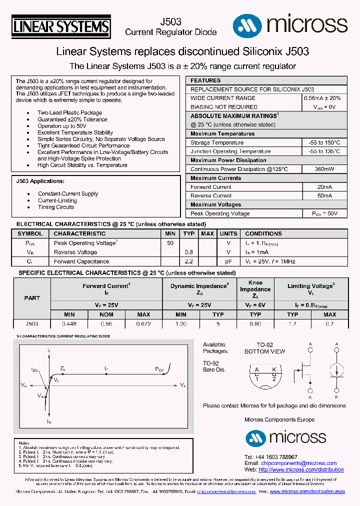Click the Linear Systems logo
(x=61, y=26)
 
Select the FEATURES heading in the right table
(x=205, y=80)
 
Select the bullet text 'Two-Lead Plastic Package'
(x=69, y=113)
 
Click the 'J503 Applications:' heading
(x=40, y=181)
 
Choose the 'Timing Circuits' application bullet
(x=56, y=207)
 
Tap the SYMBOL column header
(x=30, y=233)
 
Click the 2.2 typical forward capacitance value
(x=188, y=261)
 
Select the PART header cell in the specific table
(x=32, y=297)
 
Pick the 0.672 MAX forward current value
(x=143, y=324)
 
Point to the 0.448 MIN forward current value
(x=69, y=324)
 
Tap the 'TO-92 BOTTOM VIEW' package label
(x=264, y=348)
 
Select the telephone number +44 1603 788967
(x=278, y=457)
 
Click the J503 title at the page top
(x=170, y=22)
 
